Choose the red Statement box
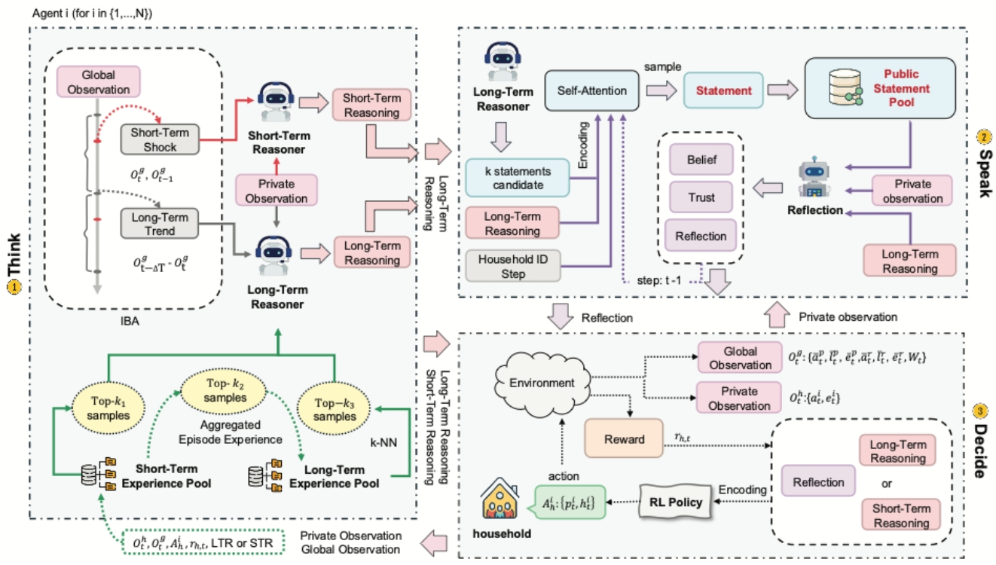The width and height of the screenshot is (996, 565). [x=723, y=90]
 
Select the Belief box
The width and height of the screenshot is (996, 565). [x=701, y=160]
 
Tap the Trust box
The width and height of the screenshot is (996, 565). [x=701, y=198]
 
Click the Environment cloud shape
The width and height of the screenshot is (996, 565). [x=539, y=380]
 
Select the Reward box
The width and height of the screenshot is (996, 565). [x=624, y=438]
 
